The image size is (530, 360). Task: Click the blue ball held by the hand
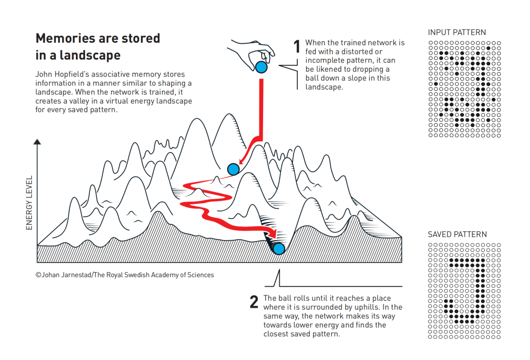pyautogui.click(x=261, y=67)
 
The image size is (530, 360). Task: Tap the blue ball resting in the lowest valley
pyautogui.click(x=279, y=249)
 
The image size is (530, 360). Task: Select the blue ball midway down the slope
pyautogui.click(x=233, y=169)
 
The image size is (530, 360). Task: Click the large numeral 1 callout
pyautogui.click(x=297, y=46)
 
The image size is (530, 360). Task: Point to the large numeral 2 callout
pyautogui.click(x=254, y=302)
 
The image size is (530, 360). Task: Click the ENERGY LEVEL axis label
pyautogui.click(x=29, y=203)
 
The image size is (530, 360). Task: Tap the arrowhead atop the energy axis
pyautogui.click(x=37, y=142)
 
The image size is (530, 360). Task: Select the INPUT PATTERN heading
pyautogui.click(x=457, y=32)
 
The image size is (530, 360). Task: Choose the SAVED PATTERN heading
pyautogui.click(x=457, y=234)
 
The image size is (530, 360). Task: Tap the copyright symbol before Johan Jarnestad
pyautogui.click(x=38, y=275)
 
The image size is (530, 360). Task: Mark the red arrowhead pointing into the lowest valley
pyautogui.click(x=272, y=233)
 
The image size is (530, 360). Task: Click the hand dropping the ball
pyautogui.click(x=252, y=54)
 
